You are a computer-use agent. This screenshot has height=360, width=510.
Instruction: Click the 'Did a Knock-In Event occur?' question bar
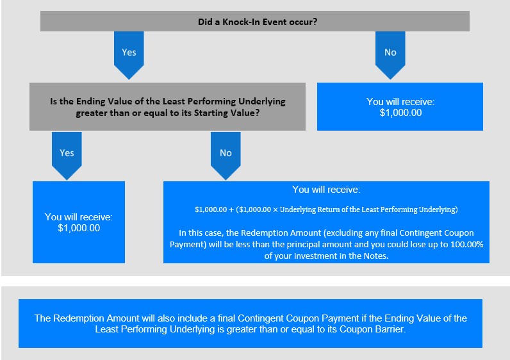pos(255,21)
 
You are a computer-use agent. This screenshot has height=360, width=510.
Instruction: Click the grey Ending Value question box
pos(167,107)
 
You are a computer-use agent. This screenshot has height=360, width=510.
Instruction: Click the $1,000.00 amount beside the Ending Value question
pos(400,113)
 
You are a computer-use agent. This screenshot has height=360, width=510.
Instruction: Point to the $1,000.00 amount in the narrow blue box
pos(79,228)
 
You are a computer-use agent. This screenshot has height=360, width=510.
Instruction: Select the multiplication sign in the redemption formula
pos(275,209)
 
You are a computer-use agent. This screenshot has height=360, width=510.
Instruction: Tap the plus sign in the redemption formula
pos(231,209)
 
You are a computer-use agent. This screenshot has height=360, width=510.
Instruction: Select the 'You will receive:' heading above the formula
pos(326,190)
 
